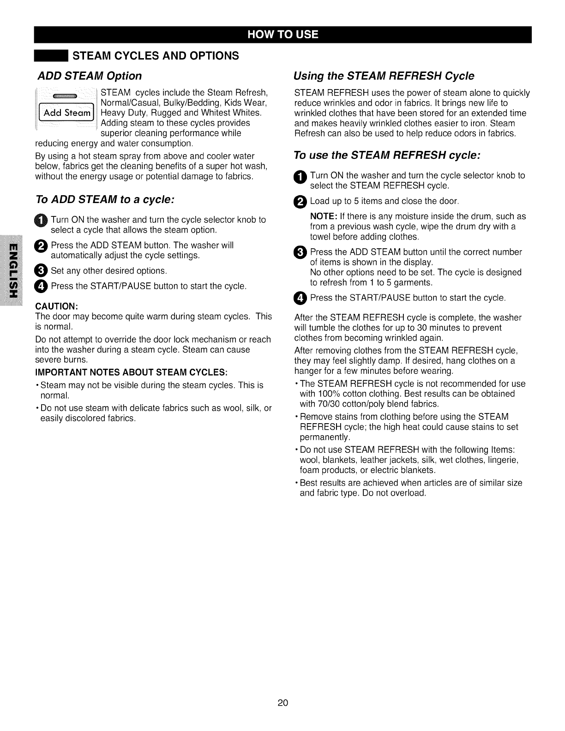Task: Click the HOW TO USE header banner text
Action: pyautogui.click(x=282, y=35)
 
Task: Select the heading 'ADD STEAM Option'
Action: pyautogui.click(x=89, y=76)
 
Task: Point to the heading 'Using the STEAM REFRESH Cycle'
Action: pyautogui.click(x=384, y=76)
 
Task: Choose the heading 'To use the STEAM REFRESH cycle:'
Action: pyautogui.click(x=387, y=156)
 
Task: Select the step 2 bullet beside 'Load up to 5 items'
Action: pyautogui.click(x=300, y=202)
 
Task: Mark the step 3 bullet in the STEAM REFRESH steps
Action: pyautogui.click(x=300, y=252)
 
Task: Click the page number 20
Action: pyautogui.click(x=282, y=703)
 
